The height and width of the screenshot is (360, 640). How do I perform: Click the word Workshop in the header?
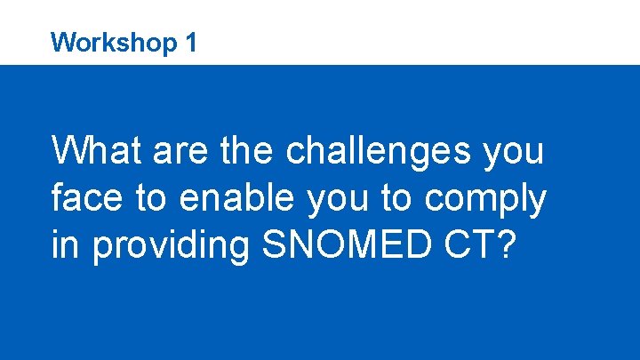pos(112,42)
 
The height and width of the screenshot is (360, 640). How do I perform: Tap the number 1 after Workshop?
pos(190,41)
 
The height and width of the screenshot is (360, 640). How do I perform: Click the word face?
pos(86,199)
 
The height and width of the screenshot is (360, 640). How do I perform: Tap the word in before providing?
pos(65,246)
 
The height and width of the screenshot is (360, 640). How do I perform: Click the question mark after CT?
pos(507,246)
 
